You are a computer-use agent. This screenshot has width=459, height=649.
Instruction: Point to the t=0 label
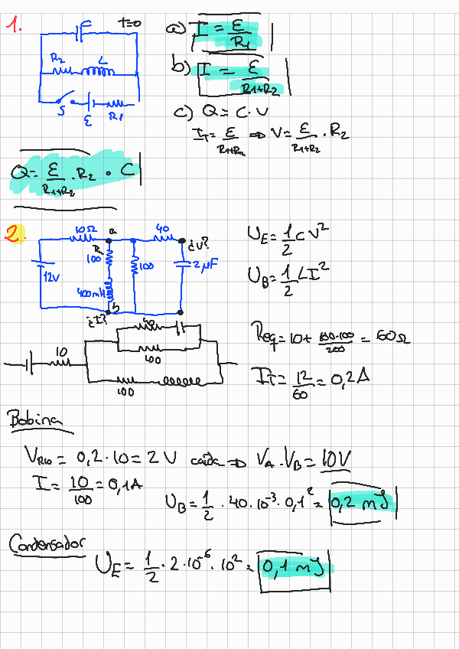[x=130, y=23]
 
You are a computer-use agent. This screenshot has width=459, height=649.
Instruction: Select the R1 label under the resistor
[x=116, y=117]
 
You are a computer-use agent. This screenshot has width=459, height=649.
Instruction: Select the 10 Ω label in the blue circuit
[x=84, y=229]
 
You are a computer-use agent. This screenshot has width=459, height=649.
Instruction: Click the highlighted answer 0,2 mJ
[x=360, y=503]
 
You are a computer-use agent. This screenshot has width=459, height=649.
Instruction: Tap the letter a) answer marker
[x=175, y=28]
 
